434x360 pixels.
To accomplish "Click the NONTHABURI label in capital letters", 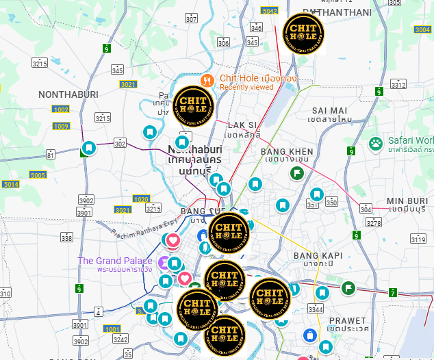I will pos(68,94).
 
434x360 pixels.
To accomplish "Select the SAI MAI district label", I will pos(329,110).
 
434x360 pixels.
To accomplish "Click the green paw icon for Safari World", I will pos(376,143).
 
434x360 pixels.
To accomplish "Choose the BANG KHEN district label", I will pos(287,151).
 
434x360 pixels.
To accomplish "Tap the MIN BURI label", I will pos(407,201).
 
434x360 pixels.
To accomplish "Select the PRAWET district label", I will pos(348,320).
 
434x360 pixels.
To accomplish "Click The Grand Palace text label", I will pos(115,261).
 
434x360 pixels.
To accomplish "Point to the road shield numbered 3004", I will pos(422,29).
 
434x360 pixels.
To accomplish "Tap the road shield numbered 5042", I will pos(270,10).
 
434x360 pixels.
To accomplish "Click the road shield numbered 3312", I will pos(398,84).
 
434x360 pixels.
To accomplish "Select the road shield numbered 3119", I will pos(418,238).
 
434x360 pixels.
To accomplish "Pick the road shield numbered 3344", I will pos(316,310).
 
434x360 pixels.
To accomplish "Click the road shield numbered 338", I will pos(66,237).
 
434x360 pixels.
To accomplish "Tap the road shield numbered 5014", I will pos(11,184).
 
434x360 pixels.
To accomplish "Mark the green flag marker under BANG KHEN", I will pos(296,173).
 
